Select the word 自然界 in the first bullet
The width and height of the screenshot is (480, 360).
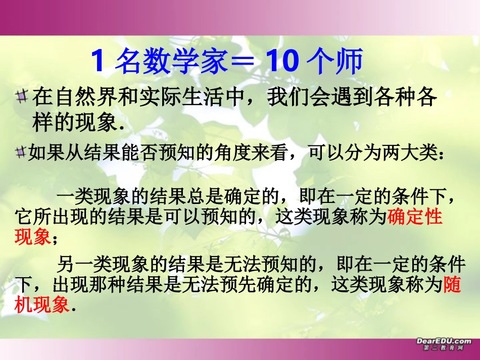(82, 97)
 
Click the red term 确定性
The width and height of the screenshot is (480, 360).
(415, 217)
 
